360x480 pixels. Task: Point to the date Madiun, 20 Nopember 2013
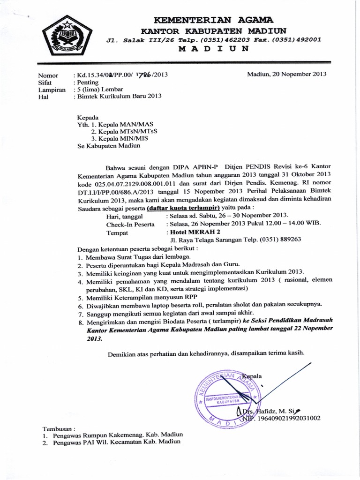(x=287, y=74)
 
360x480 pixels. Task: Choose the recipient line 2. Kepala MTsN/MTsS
(x=124, y=132)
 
